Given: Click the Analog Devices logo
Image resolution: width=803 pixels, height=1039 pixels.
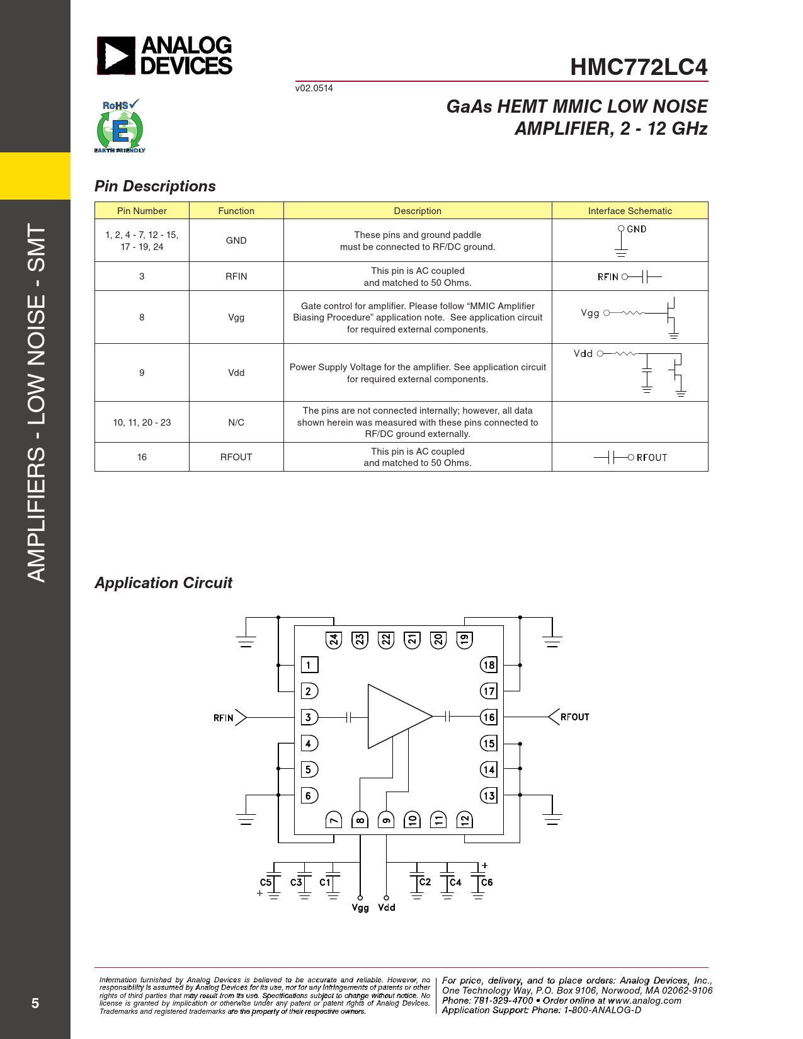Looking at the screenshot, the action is point(164,55).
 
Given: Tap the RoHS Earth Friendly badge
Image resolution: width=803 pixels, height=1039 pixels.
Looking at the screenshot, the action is point(120,126).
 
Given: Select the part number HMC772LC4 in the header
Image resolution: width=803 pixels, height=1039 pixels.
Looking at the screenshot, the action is point(639,67).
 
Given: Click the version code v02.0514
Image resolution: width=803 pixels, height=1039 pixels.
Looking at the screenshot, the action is point(314,88).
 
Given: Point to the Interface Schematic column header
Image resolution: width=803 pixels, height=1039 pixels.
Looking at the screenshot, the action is point(629,211).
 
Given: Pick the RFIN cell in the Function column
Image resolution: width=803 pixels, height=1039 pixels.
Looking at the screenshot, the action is point(236,276).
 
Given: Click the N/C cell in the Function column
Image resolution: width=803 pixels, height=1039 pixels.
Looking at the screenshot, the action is point(236,422).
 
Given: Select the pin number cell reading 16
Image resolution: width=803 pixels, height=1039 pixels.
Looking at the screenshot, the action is point(142,457).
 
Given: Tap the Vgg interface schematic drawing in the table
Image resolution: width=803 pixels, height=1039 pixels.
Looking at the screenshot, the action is point(629,317).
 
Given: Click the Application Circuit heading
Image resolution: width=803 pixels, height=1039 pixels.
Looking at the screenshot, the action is point(163,583).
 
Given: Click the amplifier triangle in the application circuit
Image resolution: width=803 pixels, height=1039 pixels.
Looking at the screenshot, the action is point(400,716).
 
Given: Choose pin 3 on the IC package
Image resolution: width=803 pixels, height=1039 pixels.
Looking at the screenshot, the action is point(309,717).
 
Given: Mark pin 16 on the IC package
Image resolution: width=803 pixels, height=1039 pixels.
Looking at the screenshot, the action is point(489,717).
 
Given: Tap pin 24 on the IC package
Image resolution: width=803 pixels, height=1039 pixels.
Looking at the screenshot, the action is point(334,640).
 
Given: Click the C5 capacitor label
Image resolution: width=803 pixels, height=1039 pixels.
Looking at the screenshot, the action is point(265,882).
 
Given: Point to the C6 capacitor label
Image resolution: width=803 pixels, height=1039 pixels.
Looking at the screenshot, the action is point(487,882).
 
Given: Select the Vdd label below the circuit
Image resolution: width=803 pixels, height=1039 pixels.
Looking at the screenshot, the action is point(387,907).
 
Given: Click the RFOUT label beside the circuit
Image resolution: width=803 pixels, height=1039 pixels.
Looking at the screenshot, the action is point(575,717).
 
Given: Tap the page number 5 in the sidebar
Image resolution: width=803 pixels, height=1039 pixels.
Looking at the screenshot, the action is point(35,1003).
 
